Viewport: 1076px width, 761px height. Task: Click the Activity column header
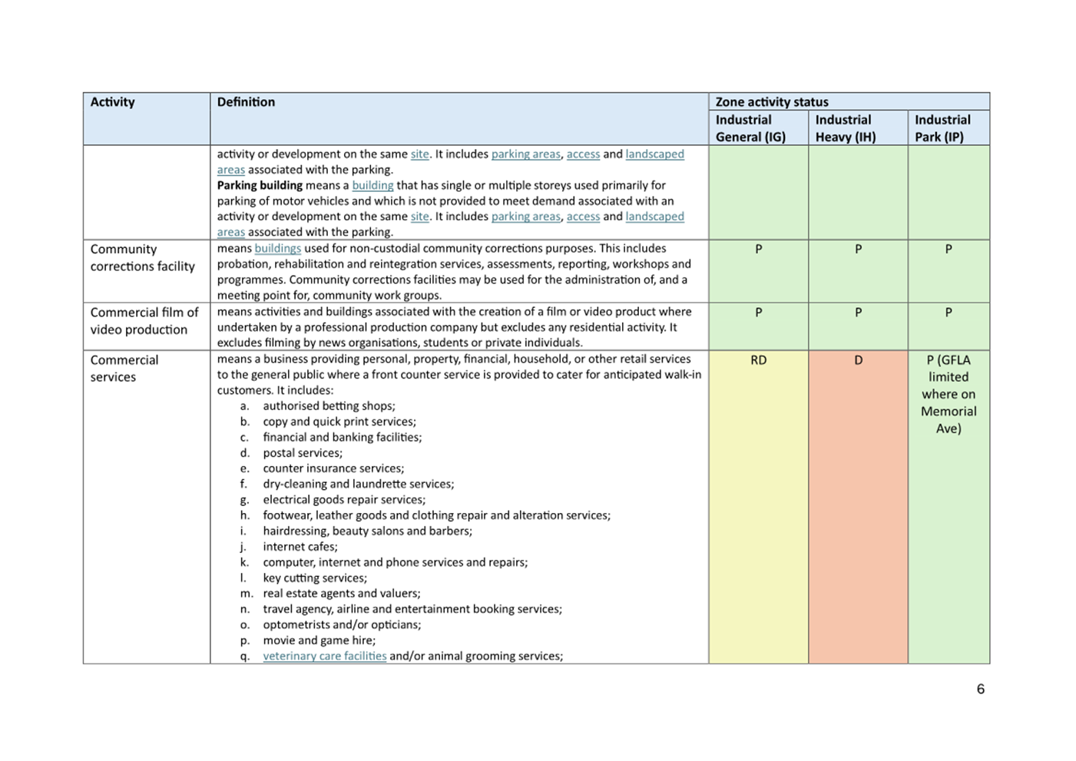click(x=112, y=102)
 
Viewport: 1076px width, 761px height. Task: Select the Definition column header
click(x=246, y=102)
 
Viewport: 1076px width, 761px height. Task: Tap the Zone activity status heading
click(x=772, y=101)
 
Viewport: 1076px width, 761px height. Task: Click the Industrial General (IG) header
click(x=750, y=128)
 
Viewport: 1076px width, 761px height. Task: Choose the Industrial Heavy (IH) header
click(x=845, y=128)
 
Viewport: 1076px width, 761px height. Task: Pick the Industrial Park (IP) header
click(x=942, y=128)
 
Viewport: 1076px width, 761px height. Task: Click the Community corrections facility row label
click(x=142, y=258)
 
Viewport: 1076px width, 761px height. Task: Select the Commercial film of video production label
click(x=144, y=321)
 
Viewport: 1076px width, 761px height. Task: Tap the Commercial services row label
click(x=124, y=369)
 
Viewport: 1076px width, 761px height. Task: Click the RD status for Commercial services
click(x=758, y=360)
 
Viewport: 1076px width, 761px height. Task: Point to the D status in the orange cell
click(x=858, y=360)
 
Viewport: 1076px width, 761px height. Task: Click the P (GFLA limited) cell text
click(x=949, y=394)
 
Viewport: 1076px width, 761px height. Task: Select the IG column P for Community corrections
click(x=758, y=250)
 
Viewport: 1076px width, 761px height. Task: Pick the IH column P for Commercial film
click(x=858, y=313)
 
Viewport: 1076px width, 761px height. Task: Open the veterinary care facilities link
click(x=324, y=656)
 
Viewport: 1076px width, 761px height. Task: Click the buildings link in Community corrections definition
click(x=277, y=249)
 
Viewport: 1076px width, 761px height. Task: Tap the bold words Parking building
click(x=260, y=185)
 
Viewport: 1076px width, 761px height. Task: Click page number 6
click(x=980, y=689)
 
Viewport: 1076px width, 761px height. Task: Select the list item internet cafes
click(x=300, y=547)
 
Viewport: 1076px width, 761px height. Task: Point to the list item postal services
click(x=303, y=453)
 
